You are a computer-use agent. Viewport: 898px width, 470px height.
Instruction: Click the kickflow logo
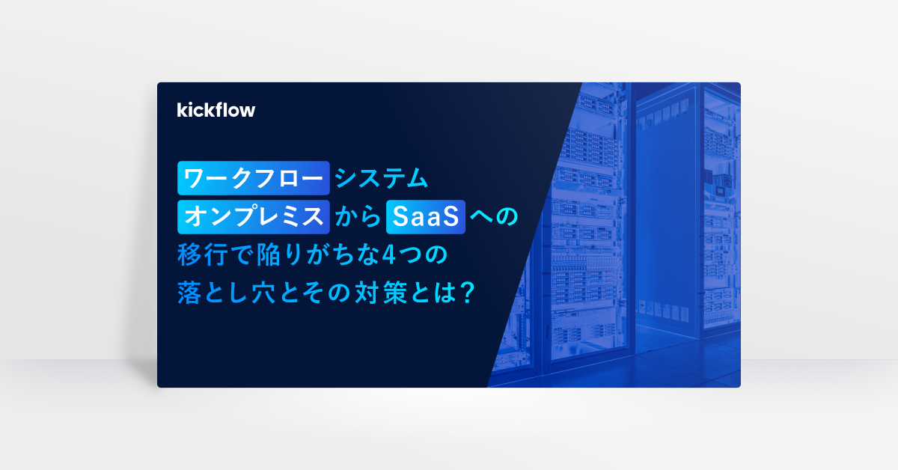click(x=216, y=110)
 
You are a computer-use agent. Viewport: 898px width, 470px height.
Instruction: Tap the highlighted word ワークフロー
click(x=254, y=178)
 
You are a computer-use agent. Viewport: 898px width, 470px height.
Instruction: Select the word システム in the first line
click(x=382, y=178)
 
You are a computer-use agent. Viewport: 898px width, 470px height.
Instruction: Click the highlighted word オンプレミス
click(x=254, y=217)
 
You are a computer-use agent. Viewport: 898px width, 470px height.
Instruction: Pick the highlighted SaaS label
click(x=425, y=217)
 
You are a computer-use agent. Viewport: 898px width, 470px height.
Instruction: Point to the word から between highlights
click(x=357, y=217)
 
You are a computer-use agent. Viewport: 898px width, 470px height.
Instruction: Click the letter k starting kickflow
click(x=182, y=110)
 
